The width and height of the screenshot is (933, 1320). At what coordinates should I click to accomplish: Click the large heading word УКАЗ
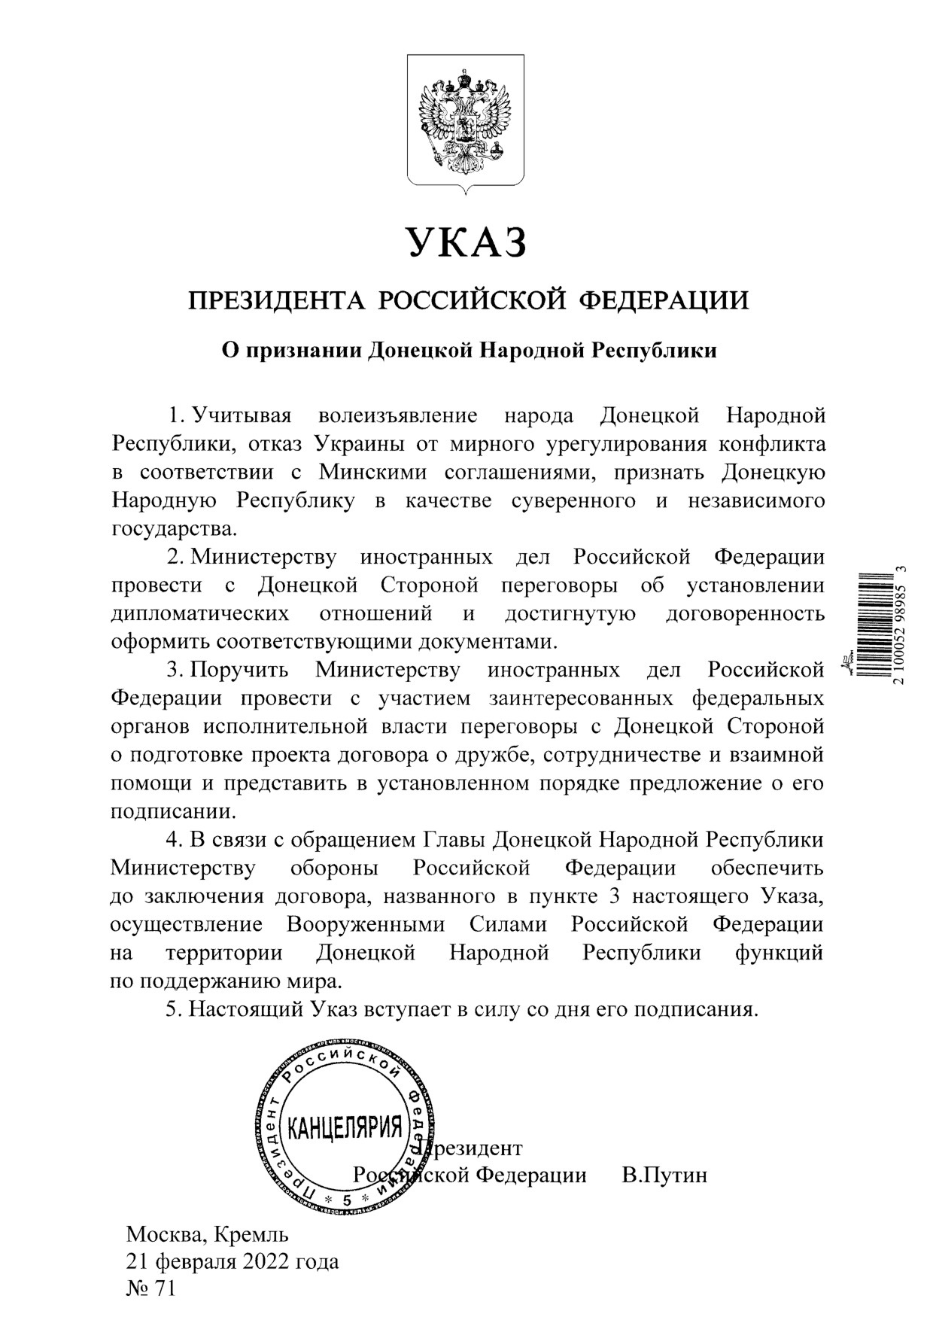pos(465,242)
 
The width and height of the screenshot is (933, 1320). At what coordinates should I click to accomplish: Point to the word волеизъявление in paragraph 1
pos(398,415)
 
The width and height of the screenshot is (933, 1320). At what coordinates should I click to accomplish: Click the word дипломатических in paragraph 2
pos(200,614)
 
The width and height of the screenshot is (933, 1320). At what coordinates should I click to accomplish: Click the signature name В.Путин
pos(664,1176)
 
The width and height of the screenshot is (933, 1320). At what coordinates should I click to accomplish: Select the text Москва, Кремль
pos(207,1235)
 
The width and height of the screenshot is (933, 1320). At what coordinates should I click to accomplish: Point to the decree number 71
pos(164,1290)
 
